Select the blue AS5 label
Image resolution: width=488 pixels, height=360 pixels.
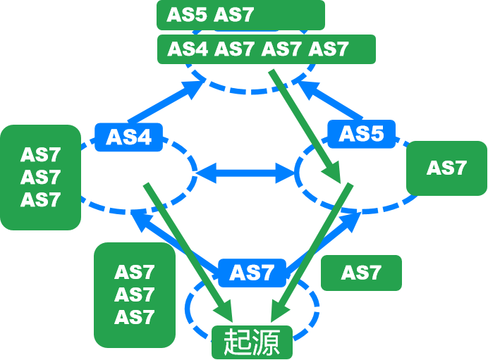361,133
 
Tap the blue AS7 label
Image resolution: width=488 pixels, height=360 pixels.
251,272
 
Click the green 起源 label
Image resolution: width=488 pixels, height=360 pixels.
252,342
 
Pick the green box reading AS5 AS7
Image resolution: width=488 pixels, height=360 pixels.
240,15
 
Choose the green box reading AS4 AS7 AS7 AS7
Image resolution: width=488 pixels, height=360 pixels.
266,49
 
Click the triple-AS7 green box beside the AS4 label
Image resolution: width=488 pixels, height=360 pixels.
40,177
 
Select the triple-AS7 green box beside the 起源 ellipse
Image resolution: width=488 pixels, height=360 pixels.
134,294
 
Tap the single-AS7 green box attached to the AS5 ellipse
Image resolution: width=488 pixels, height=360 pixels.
446,168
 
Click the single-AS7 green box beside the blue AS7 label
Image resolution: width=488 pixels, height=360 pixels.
361,273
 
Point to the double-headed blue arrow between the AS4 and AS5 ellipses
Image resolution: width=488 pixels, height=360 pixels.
245,172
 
